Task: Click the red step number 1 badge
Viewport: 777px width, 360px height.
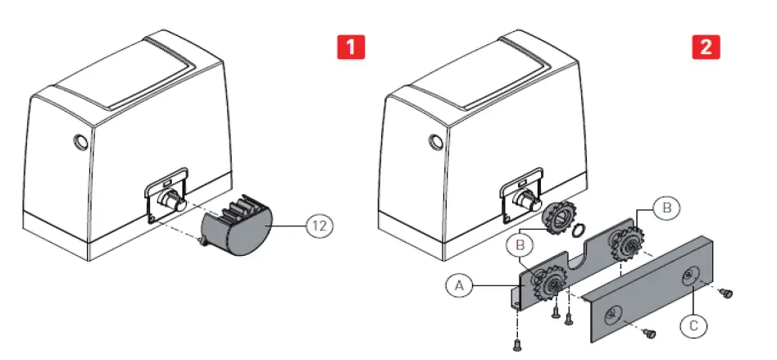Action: [351, 47]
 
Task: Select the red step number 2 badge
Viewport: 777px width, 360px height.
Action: [707, 47]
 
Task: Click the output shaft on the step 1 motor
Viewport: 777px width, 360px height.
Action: [173, 201]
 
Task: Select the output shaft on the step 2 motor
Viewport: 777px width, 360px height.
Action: [526, 201]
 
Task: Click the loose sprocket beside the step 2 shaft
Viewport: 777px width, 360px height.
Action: [561, 217]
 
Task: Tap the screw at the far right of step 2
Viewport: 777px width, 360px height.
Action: [725, 292]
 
